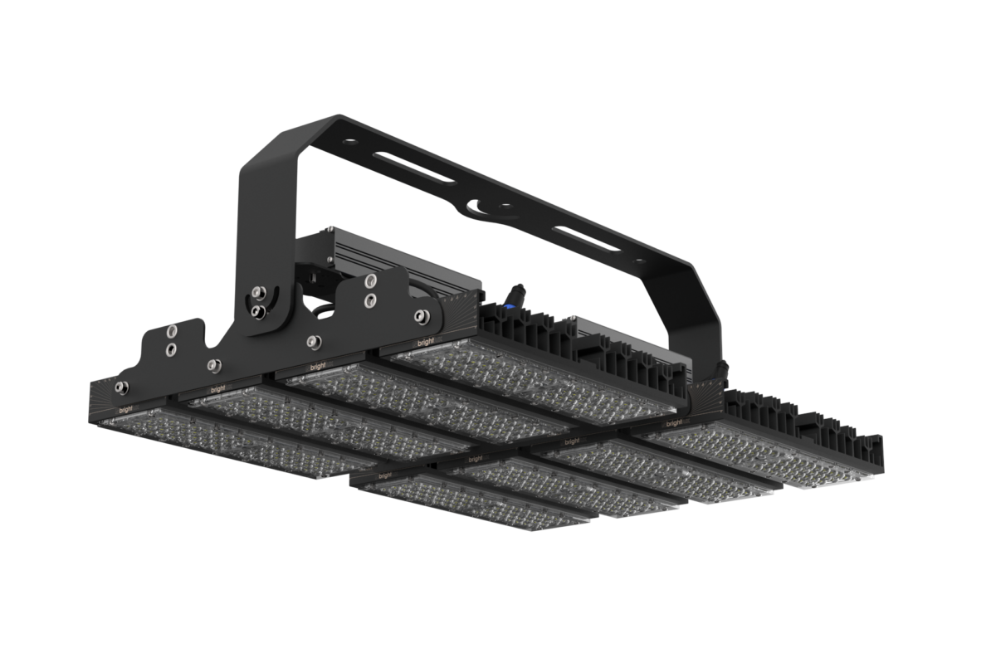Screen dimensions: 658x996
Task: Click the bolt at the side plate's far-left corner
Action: pos(121,385)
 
